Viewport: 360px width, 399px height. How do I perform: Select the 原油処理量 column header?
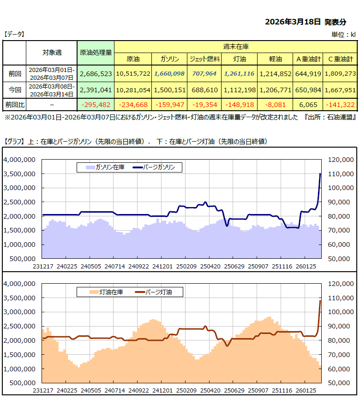96,53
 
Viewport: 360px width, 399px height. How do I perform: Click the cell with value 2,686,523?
96,73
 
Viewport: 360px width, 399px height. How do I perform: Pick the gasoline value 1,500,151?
170,90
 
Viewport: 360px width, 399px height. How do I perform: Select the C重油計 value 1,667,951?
341,90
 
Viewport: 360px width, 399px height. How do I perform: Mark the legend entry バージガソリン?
159,167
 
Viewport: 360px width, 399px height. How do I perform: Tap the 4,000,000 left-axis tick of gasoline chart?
20,160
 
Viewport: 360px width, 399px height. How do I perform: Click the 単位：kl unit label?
343,34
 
